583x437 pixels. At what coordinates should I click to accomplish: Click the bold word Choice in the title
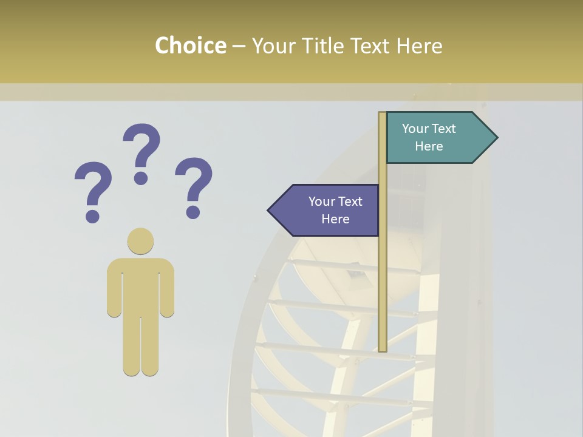(190, 46)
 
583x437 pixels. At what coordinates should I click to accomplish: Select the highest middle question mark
(141, 152)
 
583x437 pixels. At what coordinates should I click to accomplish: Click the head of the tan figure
(140, 241)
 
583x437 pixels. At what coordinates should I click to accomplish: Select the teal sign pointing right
(437, 138)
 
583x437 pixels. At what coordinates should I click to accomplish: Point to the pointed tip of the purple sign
(271, 211)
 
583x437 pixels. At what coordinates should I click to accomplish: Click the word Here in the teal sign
(429, 146)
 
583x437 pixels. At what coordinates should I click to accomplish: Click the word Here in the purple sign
(335, 219)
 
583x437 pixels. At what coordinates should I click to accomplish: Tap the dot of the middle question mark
(141, 178)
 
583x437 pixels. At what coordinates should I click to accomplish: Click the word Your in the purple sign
(321, 202)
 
